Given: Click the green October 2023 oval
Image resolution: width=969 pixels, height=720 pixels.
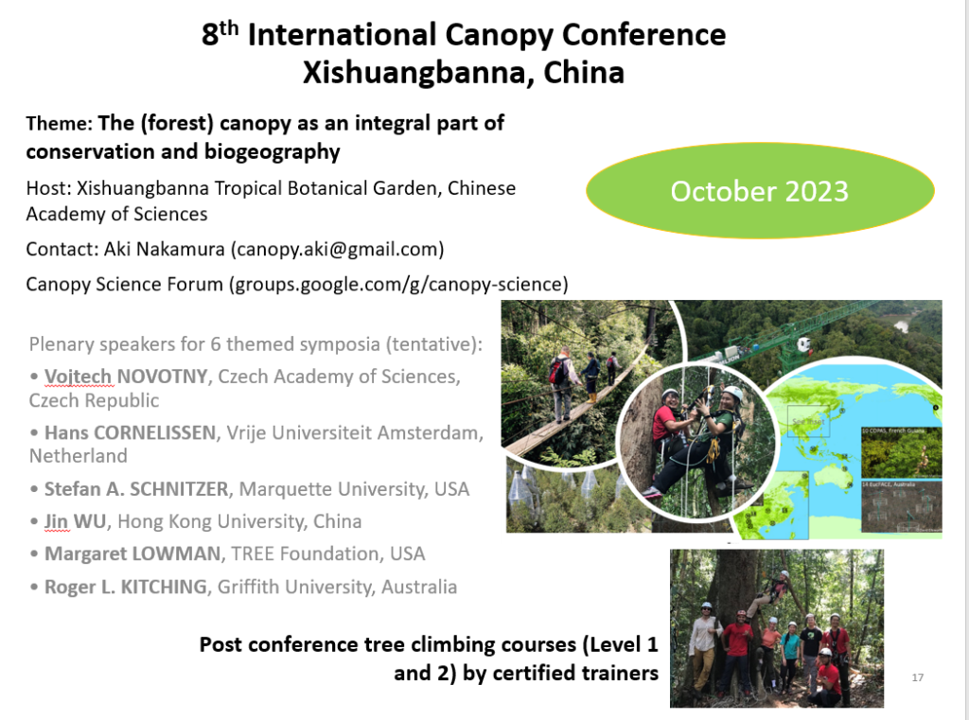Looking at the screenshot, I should [x=759, y=191].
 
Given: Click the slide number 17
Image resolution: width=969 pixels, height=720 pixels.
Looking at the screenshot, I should [x=917, y=677].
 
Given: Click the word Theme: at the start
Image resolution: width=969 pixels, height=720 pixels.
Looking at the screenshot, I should [x=59, y=124].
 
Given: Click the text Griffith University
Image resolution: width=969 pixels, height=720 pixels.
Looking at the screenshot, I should [x=295, y=587].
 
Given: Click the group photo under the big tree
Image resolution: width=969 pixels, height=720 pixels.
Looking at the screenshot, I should [x=776, y=628].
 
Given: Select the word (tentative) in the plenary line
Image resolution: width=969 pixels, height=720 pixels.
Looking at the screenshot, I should [x=439, y=342].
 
